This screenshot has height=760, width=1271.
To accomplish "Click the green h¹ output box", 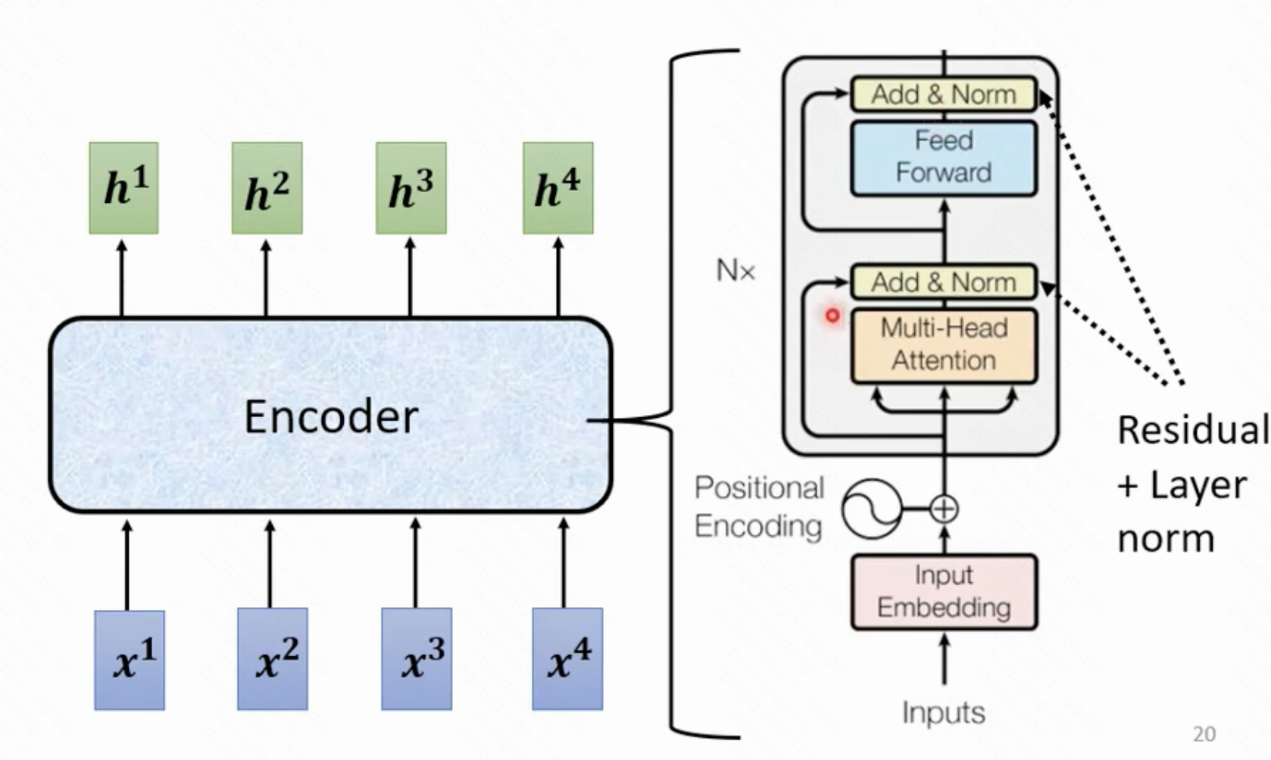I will click(x=123, y=188).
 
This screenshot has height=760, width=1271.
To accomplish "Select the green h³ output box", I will click(x=411, y=188).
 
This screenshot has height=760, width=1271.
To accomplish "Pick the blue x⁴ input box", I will click(x=567, y=659).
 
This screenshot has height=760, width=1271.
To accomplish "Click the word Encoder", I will click(x=331, y=416).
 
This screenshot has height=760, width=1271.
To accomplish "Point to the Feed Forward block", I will click(x=944, y=157).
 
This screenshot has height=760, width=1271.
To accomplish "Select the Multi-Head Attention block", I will click(x=944, y=344).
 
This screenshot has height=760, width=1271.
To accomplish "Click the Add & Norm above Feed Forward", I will click(x=944, y=95).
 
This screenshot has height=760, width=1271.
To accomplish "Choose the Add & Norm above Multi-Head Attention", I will click(x=944, y=282).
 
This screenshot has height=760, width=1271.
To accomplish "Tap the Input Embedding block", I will click(x=944, y=592).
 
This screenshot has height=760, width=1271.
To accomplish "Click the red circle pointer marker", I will click(x=832, y=316).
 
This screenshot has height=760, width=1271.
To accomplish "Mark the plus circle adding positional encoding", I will click(x=944, y=509).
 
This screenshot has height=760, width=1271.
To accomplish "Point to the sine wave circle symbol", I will click(x=873, y=509).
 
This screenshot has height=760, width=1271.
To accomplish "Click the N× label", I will click(x=735, y=270).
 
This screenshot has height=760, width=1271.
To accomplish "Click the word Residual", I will click(x=1192, y=430).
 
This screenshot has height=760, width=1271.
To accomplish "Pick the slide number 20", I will click(x=1204, y=734).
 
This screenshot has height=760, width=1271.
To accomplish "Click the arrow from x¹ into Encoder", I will click(x=127, y=564).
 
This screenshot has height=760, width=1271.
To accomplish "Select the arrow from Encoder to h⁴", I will click(x=558, y=276).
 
